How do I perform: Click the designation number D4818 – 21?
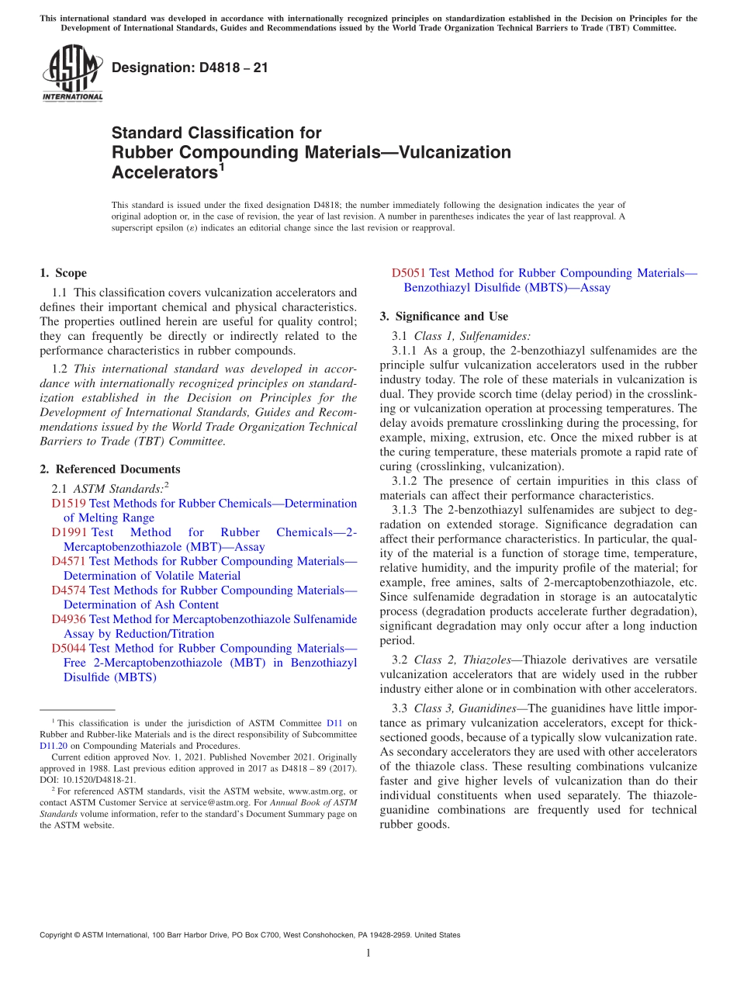(x=190, y=68)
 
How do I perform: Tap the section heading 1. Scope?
(x=63, y=273)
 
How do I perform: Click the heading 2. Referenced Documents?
(x=109, y=469)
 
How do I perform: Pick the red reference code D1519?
(x=68, y=504)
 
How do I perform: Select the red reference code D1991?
(x=68, y=532)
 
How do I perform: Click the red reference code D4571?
(x=68, y=561)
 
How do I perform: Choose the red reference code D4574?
(x=68, y=590)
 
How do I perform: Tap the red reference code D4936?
(x=68, y=619)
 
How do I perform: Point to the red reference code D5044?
(x=68, y=648)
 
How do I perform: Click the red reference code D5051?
(x=408, y=273)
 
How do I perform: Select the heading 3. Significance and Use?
(x=444, y=317)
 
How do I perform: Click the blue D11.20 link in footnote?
(x=53, y=746)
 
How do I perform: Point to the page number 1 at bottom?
(x=368, y=954)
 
